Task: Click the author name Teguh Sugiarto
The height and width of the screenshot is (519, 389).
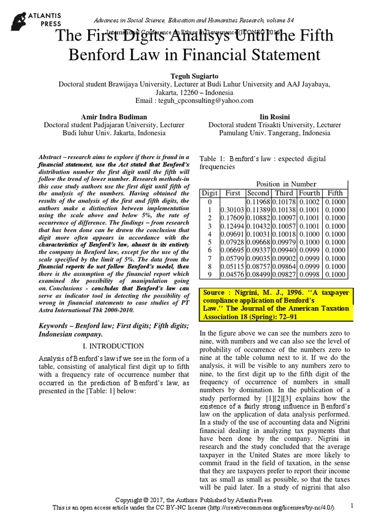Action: pos(194,76)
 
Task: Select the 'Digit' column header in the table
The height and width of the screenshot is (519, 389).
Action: pos(210,193)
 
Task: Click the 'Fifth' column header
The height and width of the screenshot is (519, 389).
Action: pos(335,193)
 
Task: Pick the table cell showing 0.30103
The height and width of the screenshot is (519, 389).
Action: pos(232,209)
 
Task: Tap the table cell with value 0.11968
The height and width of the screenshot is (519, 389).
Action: pos(258,201)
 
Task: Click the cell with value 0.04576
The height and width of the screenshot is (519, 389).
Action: pos(232,275)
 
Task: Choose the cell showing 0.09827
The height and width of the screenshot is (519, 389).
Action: pos(284,275)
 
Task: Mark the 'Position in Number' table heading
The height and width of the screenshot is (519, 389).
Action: pos(286,184)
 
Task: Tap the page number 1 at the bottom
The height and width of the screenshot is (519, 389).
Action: pos(352,505)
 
